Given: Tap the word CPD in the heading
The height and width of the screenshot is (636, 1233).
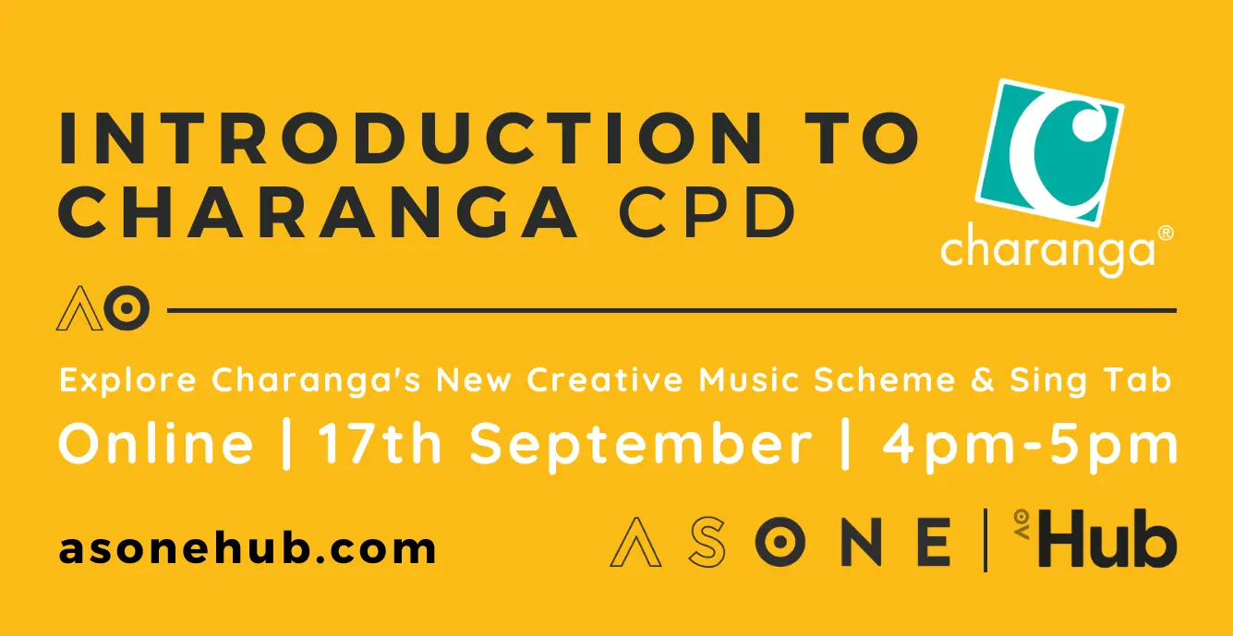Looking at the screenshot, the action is [x=707, y=212].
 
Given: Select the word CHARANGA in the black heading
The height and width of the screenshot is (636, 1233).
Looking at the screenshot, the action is [x=318, y=212].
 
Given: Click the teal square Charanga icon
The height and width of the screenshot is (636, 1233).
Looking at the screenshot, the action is [x=1050, y=152].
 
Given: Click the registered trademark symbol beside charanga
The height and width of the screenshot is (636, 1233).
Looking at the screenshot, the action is [x=1166, y=234].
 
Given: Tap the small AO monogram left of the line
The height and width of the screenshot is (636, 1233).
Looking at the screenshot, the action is [x=103, y=308].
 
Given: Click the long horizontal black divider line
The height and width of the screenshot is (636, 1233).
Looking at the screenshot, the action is [x=671, y=311].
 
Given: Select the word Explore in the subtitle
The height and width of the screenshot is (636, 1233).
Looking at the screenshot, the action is [x=127, y=380].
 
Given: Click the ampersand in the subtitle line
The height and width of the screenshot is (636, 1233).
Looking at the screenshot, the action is [x=983, y=379].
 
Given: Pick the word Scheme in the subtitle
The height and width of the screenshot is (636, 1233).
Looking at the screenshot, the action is [x=885, y=379].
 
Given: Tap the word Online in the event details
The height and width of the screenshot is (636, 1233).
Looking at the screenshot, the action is [x=156, y=444].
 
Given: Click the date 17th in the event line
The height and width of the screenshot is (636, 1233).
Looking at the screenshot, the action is [x=380, y=444].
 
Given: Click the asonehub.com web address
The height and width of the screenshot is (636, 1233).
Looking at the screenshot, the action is [x=248, y=548].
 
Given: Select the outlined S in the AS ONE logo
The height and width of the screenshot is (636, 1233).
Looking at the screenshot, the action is [x=707, y=542].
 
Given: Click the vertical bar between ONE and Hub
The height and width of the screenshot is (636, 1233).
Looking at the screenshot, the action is [x=985, y=540].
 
